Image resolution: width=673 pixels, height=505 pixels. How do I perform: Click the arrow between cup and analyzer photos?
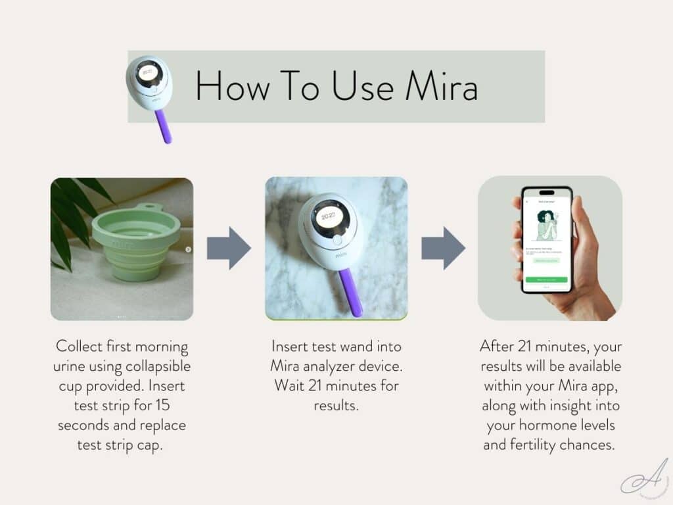(228, 248)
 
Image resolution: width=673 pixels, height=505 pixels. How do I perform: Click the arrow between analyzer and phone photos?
(442, 248)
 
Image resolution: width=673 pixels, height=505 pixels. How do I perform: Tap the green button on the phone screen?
(545, 279)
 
